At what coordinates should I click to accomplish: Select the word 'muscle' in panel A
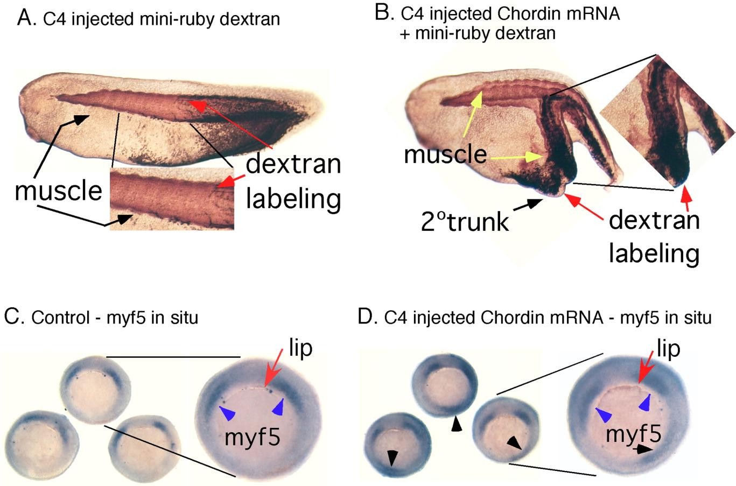pyautogui.click(x=58, y=190)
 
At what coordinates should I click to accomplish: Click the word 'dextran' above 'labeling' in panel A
pyautogui.click(x=293, y=164)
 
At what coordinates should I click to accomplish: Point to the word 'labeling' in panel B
pyautogui.click(x=654, y=252)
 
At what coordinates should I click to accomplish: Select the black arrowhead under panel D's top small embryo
pyautogui.click(x=457, y=425)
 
